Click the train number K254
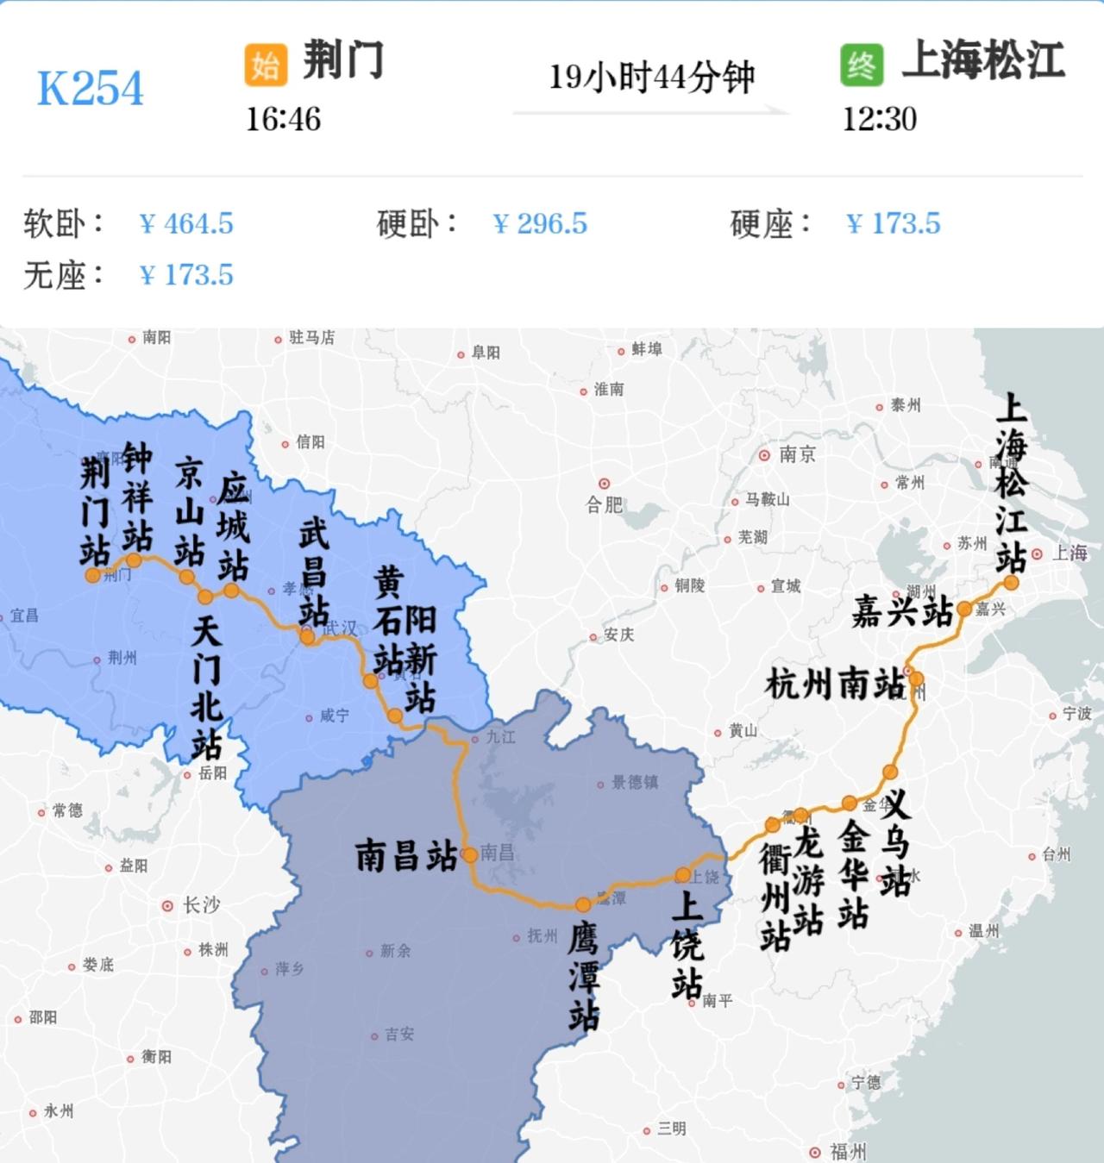[90, 88]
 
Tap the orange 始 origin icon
[266, 65]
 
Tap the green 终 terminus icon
[862, 65]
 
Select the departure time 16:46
[283, 119]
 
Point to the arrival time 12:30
[879, 119]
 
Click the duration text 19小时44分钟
[651, 77]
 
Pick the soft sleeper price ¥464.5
[186, 223]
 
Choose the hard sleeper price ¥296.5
[540, 223]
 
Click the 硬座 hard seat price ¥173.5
[894, 223]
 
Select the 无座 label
[63, 275]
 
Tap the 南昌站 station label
[406, 855]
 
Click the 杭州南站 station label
[835, 685]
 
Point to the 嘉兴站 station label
[902, 611]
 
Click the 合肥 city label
[605, 504]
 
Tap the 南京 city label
[797, 454]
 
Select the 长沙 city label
[201, 905]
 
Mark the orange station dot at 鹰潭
[583, 904]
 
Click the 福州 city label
[847, 1151]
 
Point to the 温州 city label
[983, 931]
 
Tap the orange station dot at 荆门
[92, 575]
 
